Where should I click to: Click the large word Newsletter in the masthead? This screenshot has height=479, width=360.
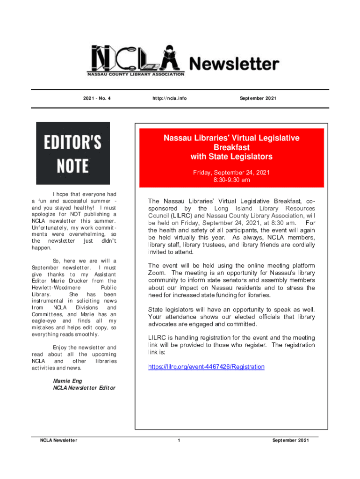point(234,64)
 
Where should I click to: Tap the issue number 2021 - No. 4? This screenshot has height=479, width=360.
point(97,99)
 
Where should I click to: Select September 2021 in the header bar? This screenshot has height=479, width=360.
point(259,99)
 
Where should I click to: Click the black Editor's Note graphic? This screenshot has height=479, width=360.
point(73,153)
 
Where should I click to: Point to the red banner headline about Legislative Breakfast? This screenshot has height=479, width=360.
point(231,147)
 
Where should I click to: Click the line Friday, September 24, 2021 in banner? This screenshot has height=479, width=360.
point(231,173)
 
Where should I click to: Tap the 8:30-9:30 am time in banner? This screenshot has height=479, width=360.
point(231,180)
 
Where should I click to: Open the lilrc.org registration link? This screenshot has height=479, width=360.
point(206,367)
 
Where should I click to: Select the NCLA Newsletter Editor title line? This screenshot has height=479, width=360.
point(84,388)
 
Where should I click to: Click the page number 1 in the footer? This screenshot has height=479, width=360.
point(179,440)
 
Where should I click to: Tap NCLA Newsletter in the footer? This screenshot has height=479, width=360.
point(58,440)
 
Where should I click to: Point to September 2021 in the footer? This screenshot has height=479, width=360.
point(290,440)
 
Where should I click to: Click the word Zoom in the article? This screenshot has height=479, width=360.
point(157,273)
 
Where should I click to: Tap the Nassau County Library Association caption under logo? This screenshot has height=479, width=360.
point(136,74)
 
